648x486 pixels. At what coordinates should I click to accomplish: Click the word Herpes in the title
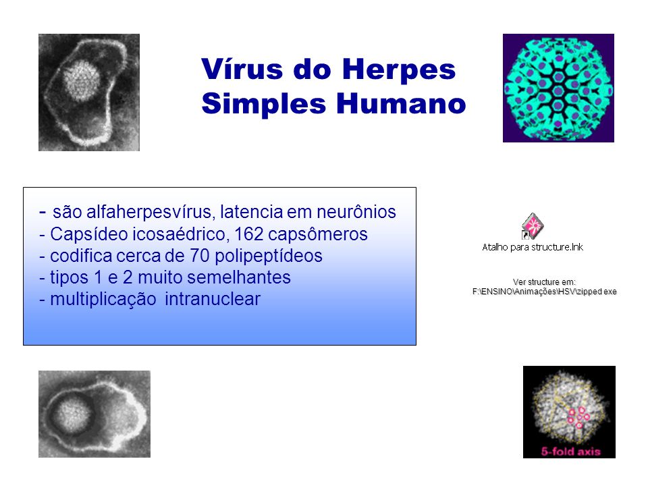tap(399, 69)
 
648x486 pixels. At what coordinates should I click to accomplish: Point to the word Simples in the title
tap(264, 105)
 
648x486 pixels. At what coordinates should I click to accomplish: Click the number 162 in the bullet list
tap(249, 234)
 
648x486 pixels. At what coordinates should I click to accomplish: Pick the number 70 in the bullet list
tap(200, 256)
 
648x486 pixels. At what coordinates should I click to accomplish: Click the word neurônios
tap(356, 212)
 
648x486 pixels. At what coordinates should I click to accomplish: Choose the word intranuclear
tap(213, 299)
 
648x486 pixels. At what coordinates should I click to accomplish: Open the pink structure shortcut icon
tap(533, 226)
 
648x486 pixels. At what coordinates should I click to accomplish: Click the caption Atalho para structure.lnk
tap(533, 247)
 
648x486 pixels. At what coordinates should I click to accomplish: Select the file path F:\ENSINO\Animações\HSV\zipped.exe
tap(544, 292)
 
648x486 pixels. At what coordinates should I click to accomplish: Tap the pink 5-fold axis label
tap(571, 452)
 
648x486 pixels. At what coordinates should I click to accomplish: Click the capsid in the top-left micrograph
tap(82, 81)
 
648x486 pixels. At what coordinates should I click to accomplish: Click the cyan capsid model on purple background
tap(558, 88)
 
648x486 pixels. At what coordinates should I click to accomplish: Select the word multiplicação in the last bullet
tap(103, 300)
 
